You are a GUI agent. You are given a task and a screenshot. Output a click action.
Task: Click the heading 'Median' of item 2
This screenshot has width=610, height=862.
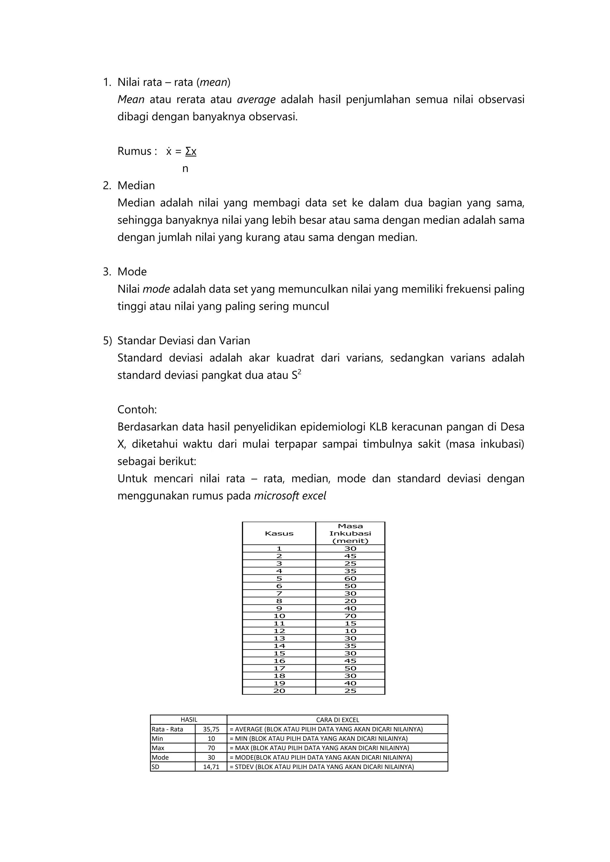[x=136, y=185]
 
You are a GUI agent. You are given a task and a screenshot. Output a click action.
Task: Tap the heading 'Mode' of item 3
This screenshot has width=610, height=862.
[x=132, y=271]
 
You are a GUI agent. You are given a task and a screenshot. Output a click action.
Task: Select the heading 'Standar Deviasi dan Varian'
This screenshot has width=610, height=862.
[x=184, y=341]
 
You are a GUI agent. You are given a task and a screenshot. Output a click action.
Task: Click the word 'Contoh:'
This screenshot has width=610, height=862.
[x=137, y=409]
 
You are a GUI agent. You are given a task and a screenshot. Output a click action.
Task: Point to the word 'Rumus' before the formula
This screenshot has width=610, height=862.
[x=134, y=151]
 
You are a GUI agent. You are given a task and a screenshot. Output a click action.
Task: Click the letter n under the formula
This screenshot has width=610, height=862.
[x=185, y=168]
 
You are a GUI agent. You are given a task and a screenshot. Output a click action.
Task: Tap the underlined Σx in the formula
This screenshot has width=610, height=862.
[x=191, y=151]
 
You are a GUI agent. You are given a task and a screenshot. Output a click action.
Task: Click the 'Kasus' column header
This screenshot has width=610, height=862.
[x=279, y=533]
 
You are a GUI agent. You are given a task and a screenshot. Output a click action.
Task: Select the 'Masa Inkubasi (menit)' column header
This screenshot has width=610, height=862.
[x=350, y=533]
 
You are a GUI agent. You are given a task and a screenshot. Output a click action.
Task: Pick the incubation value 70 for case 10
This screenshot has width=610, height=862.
[x=350, y=616]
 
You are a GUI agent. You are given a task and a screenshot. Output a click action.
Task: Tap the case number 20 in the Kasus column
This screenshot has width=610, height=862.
[x=279, y=691]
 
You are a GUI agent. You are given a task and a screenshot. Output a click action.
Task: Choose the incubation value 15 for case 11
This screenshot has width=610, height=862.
[x=350, y=623]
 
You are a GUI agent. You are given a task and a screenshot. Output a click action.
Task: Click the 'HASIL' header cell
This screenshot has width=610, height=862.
[x=189, y=720]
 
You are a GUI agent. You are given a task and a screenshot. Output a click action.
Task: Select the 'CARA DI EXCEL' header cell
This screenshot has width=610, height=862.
[x=337, y=720]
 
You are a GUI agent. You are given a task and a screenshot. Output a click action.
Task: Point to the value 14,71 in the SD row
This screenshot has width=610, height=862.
[x=211, y=767]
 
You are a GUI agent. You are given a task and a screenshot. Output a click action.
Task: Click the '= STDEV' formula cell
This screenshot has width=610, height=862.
[x=321, y=767]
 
